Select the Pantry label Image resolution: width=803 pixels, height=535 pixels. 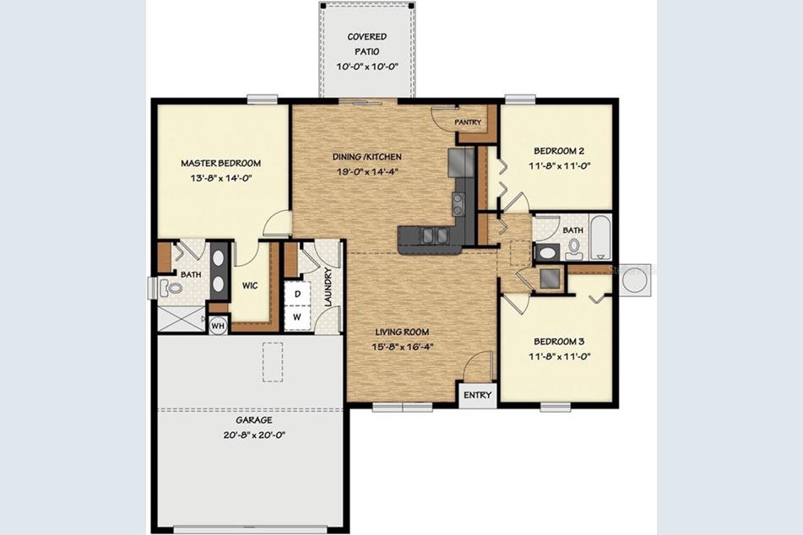(468, 122)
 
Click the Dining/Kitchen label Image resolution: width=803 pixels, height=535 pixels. (366, 157)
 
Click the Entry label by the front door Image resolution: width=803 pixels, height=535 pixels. (477, 395)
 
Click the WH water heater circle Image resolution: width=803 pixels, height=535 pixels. (218, 326)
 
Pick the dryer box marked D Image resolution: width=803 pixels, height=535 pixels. (296, 294)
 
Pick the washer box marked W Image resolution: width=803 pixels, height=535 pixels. (296, 318)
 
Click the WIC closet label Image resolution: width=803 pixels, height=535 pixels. (249, 285)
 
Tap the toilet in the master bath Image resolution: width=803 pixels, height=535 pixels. (173, 289)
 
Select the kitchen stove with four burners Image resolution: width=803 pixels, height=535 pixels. (458, 203)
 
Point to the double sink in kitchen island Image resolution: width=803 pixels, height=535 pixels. (435, 235)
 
